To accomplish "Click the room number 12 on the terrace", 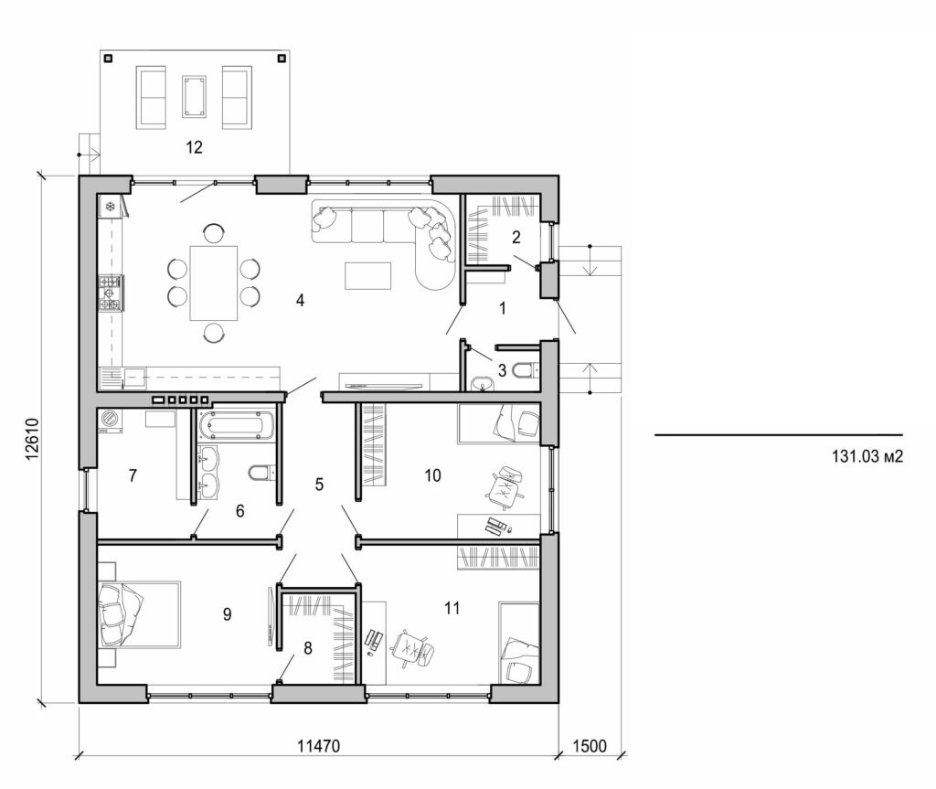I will pyautogui.click(x=193, y=146).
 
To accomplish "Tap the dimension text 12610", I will pyautogui.click(x=30, y=444).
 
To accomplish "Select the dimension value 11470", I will pyautogui.click(x=318, y=745).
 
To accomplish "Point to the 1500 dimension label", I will pyautogui.click(x=590, y=745).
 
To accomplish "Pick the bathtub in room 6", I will pyautogui.click(x=236, y=425).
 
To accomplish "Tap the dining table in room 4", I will pyautogui.click(x=213, y=283).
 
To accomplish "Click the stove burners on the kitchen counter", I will pyautogui.click(x=110, y=293).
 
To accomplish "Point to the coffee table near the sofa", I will pyautogui.click(x=367, y=275).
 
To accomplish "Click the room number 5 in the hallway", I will pyautogui.click(x=319, y=485).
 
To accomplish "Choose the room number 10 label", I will pyautogui.click(x=432, y=474).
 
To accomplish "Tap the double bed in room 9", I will pyautogui.click(x=137, y=613).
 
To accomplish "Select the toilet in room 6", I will pyautogui.click(x=260, y=473).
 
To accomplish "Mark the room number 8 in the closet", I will pyautogui.click(x=308, y=648).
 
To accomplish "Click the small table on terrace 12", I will pyautogui.click(x=194, y=96).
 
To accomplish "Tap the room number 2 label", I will pyautogui.click(x=516, y=238).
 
